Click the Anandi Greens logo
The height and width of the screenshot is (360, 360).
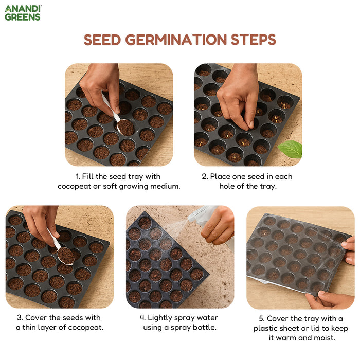[23, 13]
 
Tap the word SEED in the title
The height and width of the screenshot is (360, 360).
[103, 40]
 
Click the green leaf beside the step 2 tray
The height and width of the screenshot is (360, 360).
[291, 149]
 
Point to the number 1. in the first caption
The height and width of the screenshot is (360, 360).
[78, 176]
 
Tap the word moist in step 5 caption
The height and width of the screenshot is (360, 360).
[324, 338]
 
